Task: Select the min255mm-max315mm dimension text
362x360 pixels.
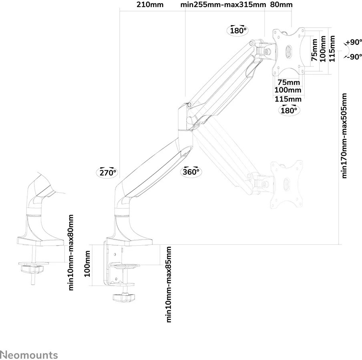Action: coord(223,5)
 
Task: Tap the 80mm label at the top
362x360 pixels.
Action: coord(282,5)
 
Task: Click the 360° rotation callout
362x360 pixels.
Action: coord(191,172)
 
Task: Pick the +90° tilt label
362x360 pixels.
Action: coord(354,42)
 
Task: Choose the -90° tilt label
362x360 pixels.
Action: coord(354,56)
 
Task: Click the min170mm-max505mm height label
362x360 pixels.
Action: coord(344,136)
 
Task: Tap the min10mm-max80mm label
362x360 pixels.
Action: coord(71,252)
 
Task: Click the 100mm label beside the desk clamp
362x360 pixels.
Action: coord(88,264)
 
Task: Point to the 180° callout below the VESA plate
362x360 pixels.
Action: coord(288,110)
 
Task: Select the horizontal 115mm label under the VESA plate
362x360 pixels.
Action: coord(288,99)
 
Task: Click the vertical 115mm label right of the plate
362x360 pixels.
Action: coord(332,48)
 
